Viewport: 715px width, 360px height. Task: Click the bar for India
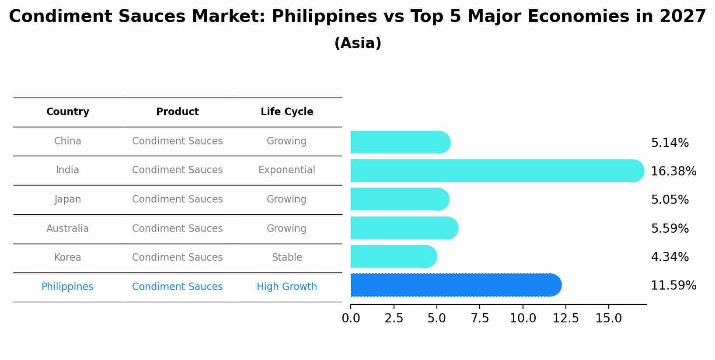pyautogui.click(x=497, y=171)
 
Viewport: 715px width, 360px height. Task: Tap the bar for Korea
pyautogui.click(x=393, y=256)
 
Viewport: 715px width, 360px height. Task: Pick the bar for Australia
pyautogui.click(x=404, y=228)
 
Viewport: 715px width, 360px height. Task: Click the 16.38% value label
pyautogui.click(x=673, y=171)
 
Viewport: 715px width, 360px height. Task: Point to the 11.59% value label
pyautogui.click(x=673, y=286)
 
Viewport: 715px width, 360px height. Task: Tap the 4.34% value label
pyautogui.click(x=670, y=257)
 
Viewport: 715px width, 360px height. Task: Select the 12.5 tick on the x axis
pyautogui.click(x=565, y=318)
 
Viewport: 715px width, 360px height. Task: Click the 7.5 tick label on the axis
pyautogui.click(x=480, y=318)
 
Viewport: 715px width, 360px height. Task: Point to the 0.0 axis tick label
pyautogui.click(x=351, y=318)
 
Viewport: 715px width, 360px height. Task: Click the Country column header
pyautogui.click(x=68, y=112)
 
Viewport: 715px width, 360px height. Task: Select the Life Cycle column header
pyautogui.click(x=287, y=112)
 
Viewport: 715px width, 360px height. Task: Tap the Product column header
pyautogui.click(x=178, y=112)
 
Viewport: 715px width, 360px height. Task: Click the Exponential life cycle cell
pyautogui.click(x=287, y=170)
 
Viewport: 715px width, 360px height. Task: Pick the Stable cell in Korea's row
pyautogui.click(x=287, y=258)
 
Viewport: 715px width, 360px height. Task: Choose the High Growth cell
pyautogui.click(x=287, y=287)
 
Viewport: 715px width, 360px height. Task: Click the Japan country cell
pyautogui.click(x=68, y=199)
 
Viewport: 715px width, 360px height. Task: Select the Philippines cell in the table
pyautogui.click(x=67, y=287)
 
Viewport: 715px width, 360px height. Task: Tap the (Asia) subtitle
pyautogui.click(x=358, y=43)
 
